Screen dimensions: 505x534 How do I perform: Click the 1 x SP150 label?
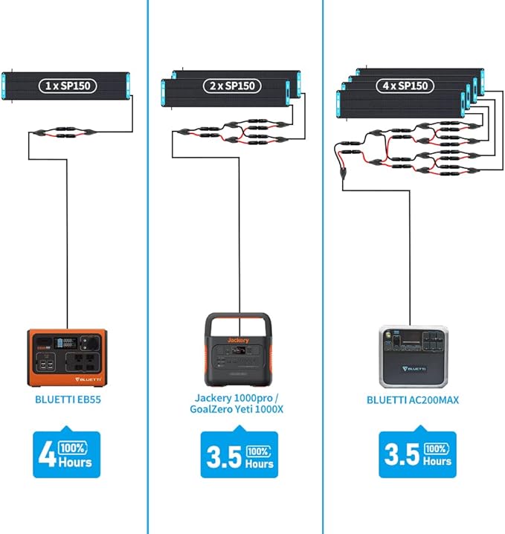pyautogui.click(x=68, y=86)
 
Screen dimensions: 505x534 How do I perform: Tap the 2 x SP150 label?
pyautogui.click(x=232, y=86)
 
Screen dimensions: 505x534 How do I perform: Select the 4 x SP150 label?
pyautogui.click(x=405, y=86)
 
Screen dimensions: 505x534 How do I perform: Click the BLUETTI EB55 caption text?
pyautogui.click(x=68, y=399)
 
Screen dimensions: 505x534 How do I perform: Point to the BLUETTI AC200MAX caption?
pyautogui.click(x=413, y=400)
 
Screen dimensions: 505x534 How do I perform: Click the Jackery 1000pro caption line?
pyautogui.click(x=237, y=398)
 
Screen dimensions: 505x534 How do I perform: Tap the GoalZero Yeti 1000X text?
pyautogui.click(x=237, y=409)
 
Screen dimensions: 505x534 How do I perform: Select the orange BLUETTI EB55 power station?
pyautogui.click(x=67, y=358)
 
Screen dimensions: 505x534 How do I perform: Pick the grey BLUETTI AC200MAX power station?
pyautogui.click(x=414, y=357)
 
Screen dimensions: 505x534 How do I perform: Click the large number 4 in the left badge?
pyautogui.click(x=47, y=453)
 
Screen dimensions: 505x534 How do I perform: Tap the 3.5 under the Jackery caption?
pyautogui.click(x=224, y=457)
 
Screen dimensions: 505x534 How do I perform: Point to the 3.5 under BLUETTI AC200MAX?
pyautogui.click(x=402, y=454)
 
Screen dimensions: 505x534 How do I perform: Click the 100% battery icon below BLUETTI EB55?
pyautogui.click(x=73, y=448)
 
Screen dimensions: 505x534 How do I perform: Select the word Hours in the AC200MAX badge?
pyautogui.click(x=437, y=461)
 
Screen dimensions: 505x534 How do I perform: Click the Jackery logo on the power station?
pyautogui.click(x=238, y=340)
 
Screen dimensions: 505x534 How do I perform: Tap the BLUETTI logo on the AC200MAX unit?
pyautogui.click(x=414, y=369)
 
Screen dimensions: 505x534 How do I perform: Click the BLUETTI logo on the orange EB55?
pyautogui.click(x=88, y=379)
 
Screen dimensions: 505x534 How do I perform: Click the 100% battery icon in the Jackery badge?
pyautogui.click(x=259, y=452)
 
